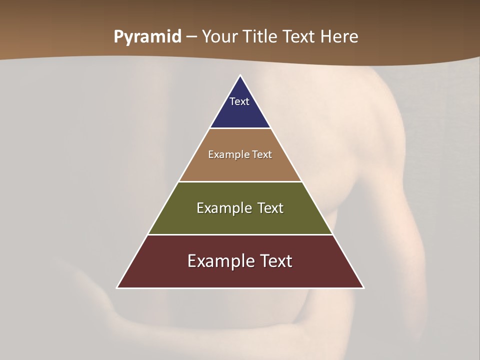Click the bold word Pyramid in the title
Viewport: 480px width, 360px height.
coord(147,37)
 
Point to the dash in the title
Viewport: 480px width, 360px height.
coord(191,37)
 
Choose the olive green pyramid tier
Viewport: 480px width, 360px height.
coord(240,220)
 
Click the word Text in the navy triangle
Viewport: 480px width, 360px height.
coord(239,101)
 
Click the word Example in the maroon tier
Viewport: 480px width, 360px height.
coord(220,261)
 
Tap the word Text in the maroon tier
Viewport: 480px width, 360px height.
coord(275,261)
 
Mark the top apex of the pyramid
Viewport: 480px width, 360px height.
coord(240,75)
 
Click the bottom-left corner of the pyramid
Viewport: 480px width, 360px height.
coord(117,287)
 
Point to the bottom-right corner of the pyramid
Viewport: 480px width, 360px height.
coord(363,287)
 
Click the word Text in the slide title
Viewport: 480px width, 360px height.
coord(299,36)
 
